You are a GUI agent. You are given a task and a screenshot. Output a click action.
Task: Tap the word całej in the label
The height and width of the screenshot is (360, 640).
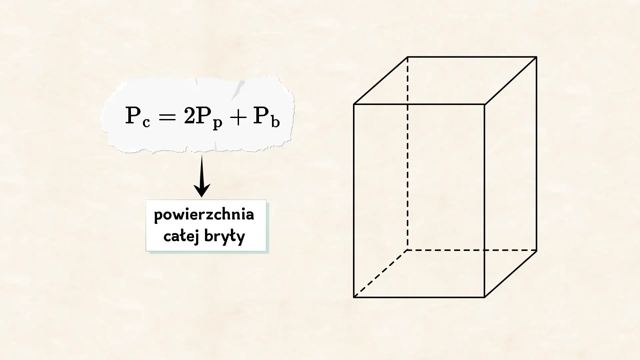point(181,236)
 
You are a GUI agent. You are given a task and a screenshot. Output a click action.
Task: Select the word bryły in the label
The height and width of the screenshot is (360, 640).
point(225,237)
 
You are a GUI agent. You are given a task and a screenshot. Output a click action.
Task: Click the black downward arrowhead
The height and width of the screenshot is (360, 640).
point(202,190)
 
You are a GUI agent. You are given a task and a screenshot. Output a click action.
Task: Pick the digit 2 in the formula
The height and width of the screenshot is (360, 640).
point(189,116)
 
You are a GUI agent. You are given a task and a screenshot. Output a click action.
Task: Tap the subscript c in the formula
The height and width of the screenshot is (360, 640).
point(146,123)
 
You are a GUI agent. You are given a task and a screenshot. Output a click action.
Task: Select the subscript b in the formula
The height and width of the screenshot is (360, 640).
point(275,121)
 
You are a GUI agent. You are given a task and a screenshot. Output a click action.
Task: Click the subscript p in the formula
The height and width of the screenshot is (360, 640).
point(217,124)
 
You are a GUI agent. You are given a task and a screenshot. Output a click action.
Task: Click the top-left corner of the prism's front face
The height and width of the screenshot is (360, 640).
point(354,104)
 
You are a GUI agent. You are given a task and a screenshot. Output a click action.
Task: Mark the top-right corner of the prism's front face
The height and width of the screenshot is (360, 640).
point(484,104)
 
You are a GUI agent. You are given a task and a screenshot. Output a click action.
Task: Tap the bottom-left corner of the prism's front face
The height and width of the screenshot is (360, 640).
point(354,297)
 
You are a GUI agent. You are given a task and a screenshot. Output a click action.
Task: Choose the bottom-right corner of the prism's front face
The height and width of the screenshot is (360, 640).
point(484,297)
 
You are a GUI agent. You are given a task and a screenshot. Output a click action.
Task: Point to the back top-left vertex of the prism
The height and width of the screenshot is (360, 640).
point(408,57)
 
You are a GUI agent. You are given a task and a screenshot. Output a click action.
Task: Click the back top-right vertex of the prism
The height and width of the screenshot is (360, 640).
point(537,57)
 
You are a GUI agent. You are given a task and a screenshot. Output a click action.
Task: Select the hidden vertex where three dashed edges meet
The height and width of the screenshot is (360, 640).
point(408,250)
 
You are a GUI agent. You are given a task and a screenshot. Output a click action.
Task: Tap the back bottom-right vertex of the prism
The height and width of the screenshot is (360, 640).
point(537,250)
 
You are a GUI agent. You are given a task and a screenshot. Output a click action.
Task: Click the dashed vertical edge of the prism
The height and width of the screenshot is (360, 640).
point(408,153)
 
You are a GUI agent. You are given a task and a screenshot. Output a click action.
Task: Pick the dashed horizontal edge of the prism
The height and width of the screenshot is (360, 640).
point(472,250)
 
